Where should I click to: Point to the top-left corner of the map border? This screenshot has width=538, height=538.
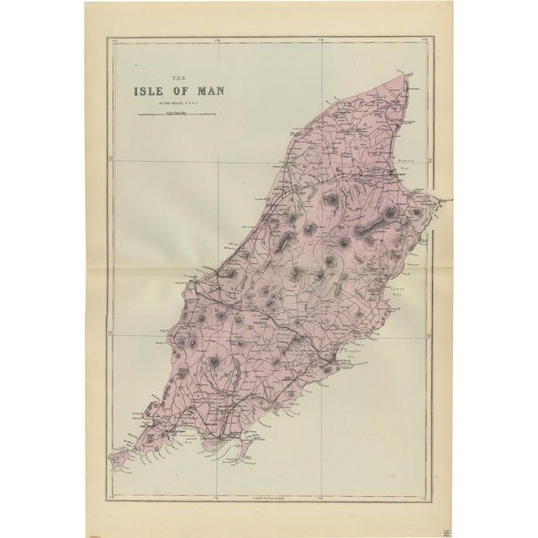[x=107, y=37]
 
